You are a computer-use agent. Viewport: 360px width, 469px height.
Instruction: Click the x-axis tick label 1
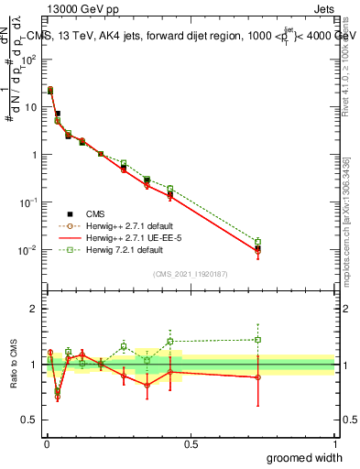pos(334,443)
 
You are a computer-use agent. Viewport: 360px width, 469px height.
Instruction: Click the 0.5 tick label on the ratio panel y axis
pos(29,420)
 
